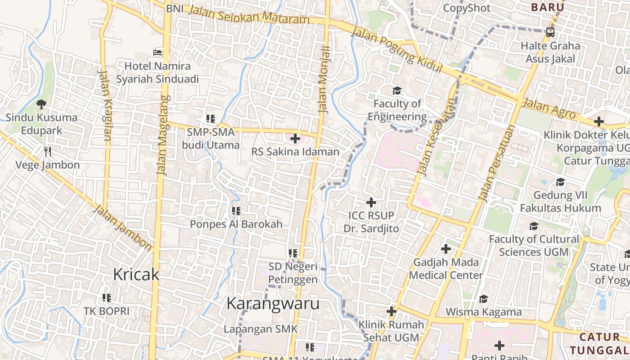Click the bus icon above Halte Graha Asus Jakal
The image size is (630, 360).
(550, 32)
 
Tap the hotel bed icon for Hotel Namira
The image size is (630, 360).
(157, 52)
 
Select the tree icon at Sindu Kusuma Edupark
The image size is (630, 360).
(41, 104)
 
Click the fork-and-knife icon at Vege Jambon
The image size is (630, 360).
(48, 151)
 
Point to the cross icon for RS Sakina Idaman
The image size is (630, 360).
(295, 139)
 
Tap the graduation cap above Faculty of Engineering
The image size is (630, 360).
(397, 91)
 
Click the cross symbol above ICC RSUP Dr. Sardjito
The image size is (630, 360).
(371, 202)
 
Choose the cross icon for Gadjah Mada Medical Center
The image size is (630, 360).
(445, 248)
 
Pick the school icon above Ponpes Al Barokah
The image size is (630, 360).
(236, 211)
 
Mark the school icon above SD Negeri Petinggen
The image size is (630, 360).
(293, 253)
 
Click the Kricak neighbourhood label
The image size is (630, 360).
(136, 274)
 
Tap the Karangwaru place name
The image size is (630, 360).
(273, 303)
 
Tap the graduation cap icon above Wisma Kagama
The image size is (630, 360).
(483, 299)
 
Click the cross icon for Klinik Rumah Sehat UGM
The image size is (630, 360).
(391, 311)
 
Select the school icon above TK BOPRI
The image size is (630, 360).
(107, 297)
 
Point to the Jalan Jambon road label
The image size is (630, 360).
(122, 228)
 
